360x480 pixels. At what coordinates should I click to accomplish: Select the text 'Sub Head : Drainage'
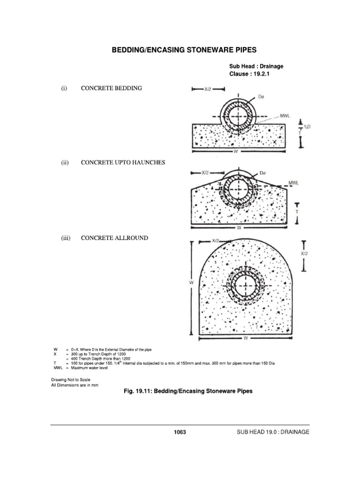pyautogui.click(x=256, y=67)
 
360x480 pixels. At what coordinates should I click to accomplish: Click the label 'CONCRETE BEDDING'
pyautogui.click(x=111, y=88)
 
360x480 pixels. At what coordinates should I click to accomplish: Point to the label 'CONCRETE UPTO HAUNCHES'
pyautogui.click(x=123, y=163)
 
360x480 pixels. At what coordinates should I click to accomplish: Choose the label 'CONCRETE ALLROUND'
pyautogui.click(x=114, y=238)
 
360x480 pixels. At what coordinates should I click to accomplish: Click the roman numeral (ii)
pyautogui.click(x=65, y=163)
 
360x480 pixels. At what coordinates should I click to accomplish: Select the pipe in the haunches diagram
pyautogui.click(x=240, y=190)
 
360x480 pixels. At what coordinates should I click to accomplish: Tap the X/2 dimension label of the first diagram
pyautogui.click(x=208, y=88)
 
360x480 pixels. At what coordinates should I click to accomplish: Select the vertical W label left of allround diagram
pyautogui.click(x=191, y=283)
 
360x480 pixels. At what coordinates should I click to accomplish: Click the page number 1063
pyautogui.click(x=180, y=432)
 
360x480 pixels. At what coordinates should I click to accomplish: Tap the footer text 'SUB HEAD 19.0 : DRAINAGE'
pyautogui.click(x=274, y=432)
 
